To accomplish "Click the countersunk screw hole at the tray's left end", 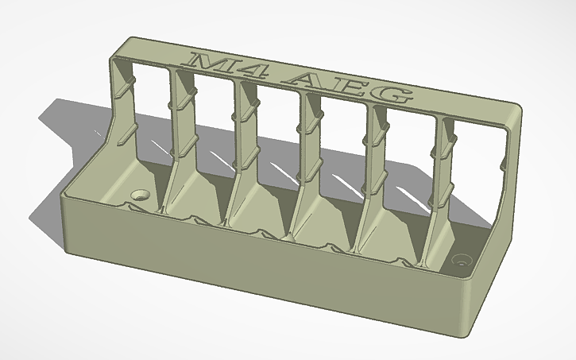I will (141, 193).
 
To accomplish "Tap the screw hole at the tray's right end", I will (461, 260).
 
